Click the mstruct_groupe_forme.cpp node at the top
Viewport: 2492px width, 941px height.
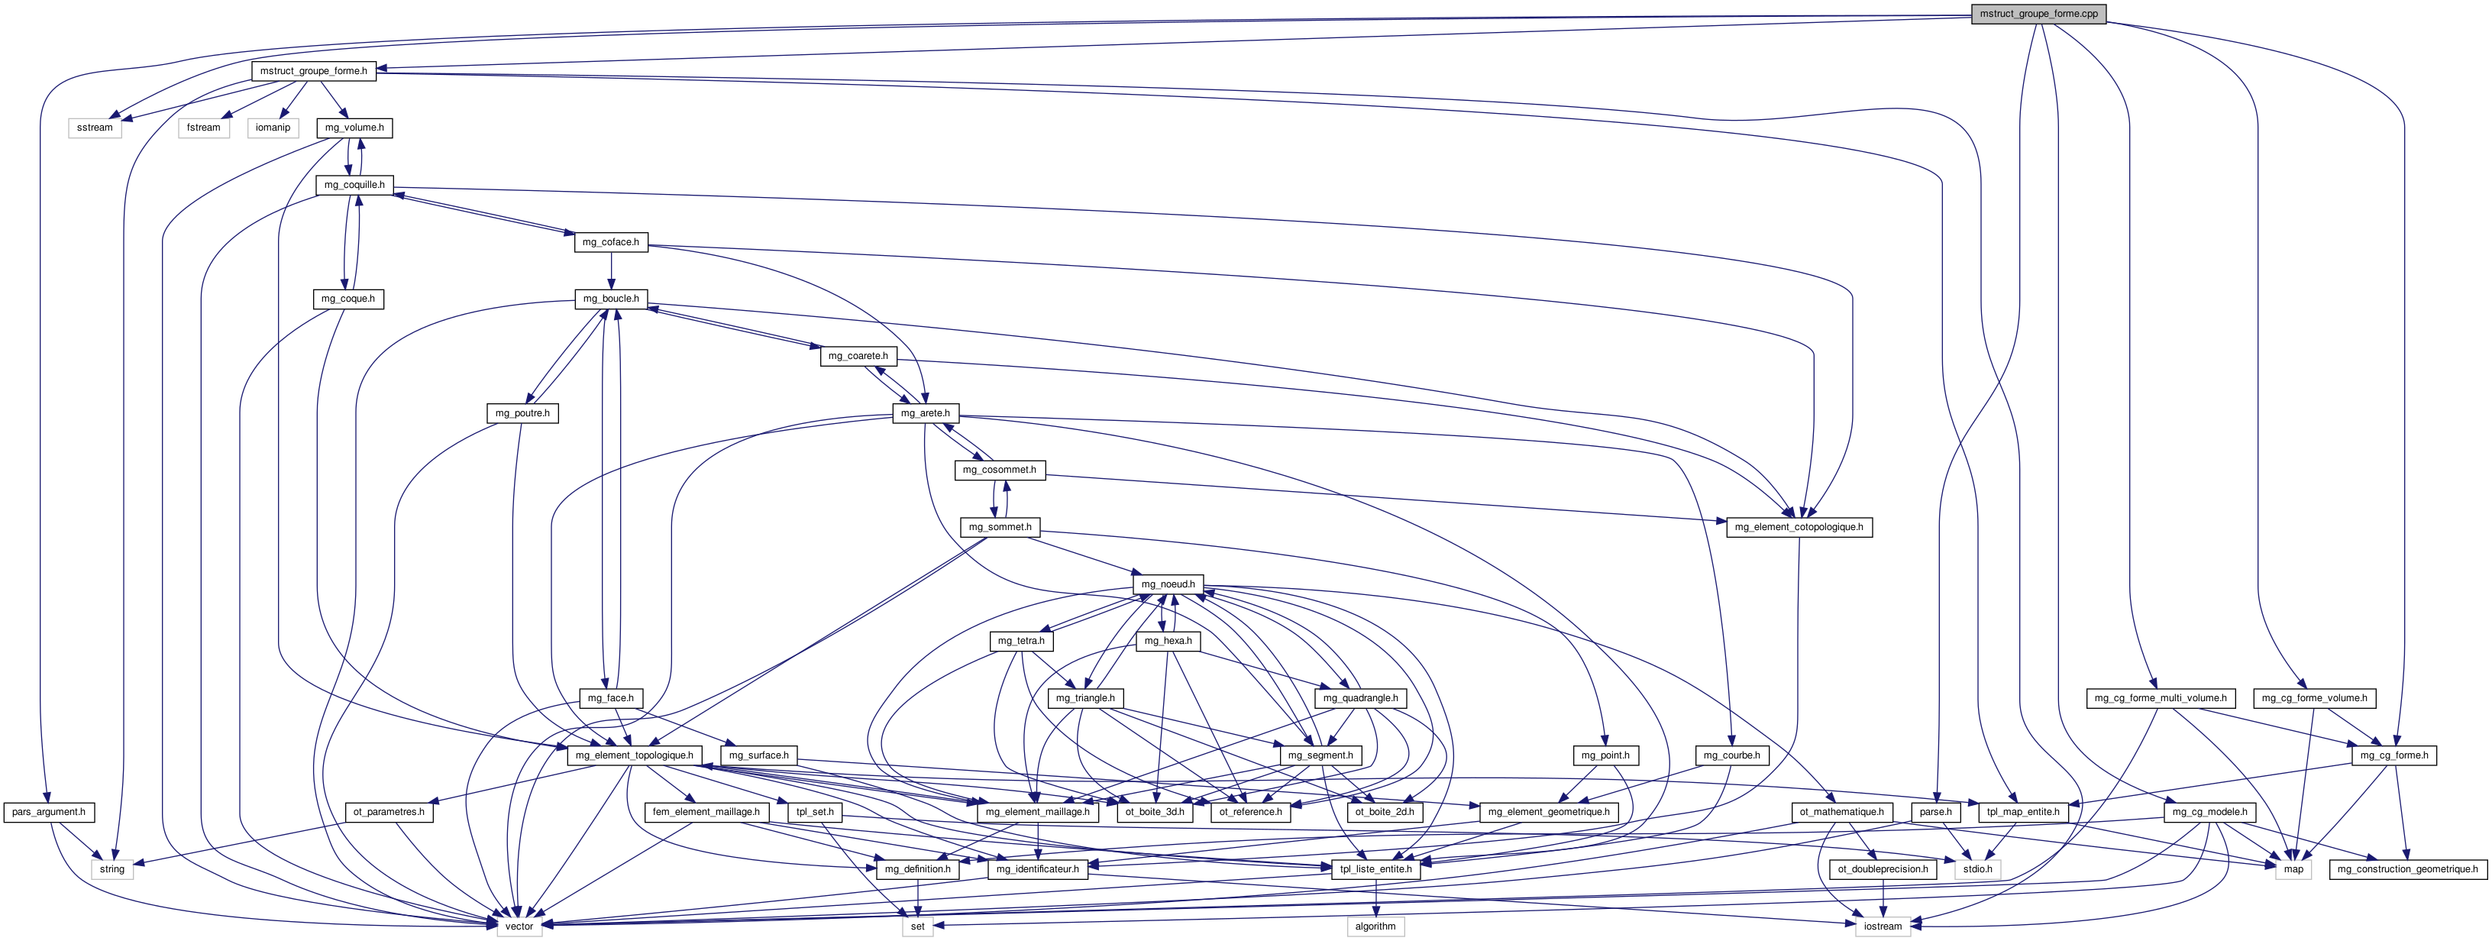click(x=2038, y=14)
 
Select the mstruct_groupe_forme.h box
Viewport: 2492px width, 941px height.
click(x=313, y=70)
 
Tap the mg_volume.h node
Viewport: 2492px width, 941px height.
click(x=354, y=128)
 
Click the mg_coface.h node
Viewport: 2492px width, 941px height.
click(x=612, y=242)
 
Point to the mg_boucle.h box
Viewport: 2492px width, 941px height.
click(x=612, y=299)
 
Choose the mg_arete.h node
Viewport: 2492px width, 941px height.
click(x=925, y=413)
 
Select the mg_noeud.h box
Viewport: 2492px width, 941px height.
click(x=1168, y=584)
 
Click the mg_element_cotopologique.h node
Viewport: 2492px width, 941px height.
click(x=1799, y=527)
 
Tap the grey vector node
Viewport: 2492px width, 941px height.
click(x=519, y=926)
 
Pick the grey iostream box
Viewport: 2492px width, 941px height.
click(x=1883, y=926)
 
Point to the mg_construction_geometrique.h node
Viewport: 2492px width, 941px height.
click(x=2407, y=869)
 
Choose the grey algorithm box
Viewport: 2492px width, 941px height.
click(x=1375, y=926)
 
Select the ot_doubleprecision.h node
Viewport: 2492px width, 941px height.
click(x=1883, y=869)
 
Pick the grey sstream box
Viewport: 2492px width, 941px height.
click(x=95, y=128)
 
